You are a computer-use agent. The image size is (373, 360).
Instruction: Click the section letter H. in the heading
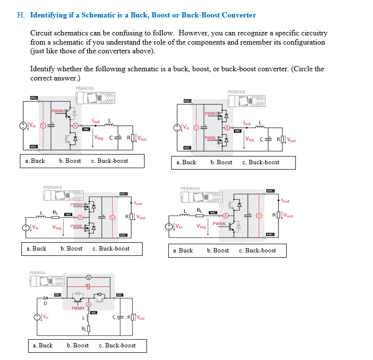(21, 15)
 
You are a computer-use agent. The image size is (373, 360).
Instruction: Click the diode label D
(45, 304)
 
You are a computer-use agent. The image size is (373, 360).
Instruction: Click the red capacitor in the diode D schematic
(88, 286)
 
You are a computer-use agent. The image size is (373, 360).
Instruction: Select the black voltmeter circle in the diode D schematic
(88, 277)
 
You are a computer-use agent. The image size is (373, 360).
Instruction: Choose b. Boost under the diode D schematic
(78, 345)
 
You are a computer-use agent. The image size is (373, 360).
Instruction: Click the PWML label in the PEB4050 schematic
(219, 224)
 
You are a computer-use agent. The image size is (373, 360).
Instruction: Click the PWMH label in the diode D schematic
(78, 308)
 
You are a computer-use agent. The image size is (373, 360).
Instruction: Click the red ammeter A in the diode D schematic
(89, 304)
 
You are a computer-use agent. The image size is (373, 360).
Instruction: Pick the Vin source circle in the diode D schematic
(37, 317)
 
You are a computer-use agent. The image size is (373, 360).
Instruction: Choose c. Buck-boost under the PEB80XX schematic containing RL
(111, 249)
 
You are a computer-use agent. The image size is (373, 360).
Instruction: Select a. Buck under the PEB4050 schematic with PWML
(183, 250)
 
